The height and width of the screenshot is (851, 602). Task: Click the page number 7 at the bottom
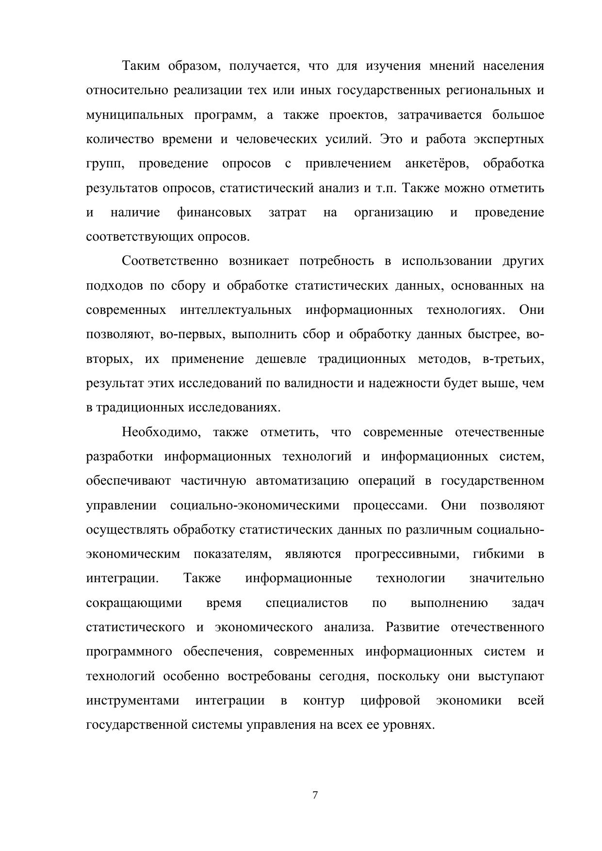[x=315, y=795]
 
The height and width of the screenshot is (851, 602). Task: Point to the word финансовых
[x=214, y=213]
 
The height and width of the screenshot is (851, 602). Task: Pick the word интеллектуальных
[x=236, y=310]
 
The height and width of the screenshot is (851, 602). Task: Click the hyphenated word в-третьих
[x=513, y=359]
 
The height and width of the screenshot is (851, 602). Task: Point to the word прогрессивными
[x=407, y=554]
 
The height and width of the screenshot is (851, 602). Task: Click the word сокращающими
[x=134, y=603]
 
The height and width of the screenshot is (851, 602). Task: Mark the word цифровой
[x=390, y=701]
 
